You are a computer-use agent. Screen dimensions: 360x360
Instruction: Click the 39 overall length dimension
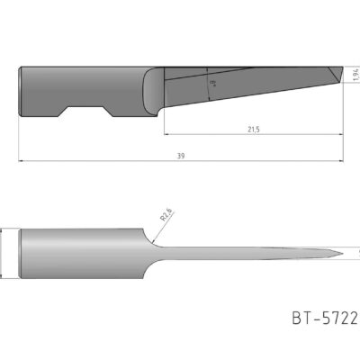(x=180, y=156)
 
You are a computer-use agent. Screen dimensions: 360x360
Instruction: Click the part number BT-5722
(x=325, y=318)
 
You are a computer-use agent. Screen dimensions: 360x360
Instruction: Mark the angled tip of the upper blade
(x=337, y=72)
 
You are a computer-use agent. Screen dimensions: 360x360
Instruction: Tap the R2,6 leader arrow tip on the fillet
(x=154, y=241)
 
